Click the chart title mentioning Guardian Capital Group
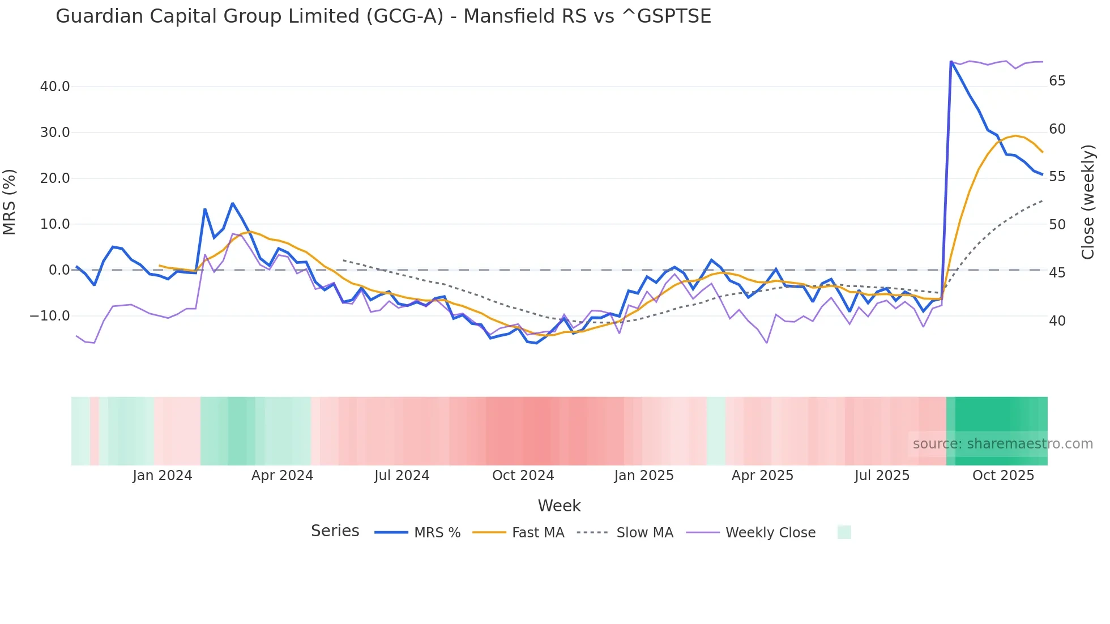[383, 16]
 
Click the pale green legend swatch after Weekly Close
[844, 532]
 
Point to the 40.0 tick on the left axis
[55, 87]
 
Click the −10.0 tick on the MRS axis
[50, 316]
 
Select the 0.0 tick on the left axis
[59, 270]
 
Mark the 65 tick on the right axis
[1057, 81]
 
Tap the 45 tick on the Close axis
[1057, 273]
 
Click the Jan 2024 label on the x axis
[163, 476]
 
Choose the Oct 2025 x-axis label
[1003, 476]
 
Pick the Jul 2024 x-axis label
[402, 476]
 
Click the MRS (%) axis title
[10, 202]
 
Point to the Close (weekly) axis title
[1087, 202]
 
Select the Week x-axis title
[559, 506]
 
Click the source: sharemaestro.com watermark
[1002, 444]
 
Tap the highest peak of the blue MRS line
[951, 61]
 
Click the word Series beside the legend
[335, 531]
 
